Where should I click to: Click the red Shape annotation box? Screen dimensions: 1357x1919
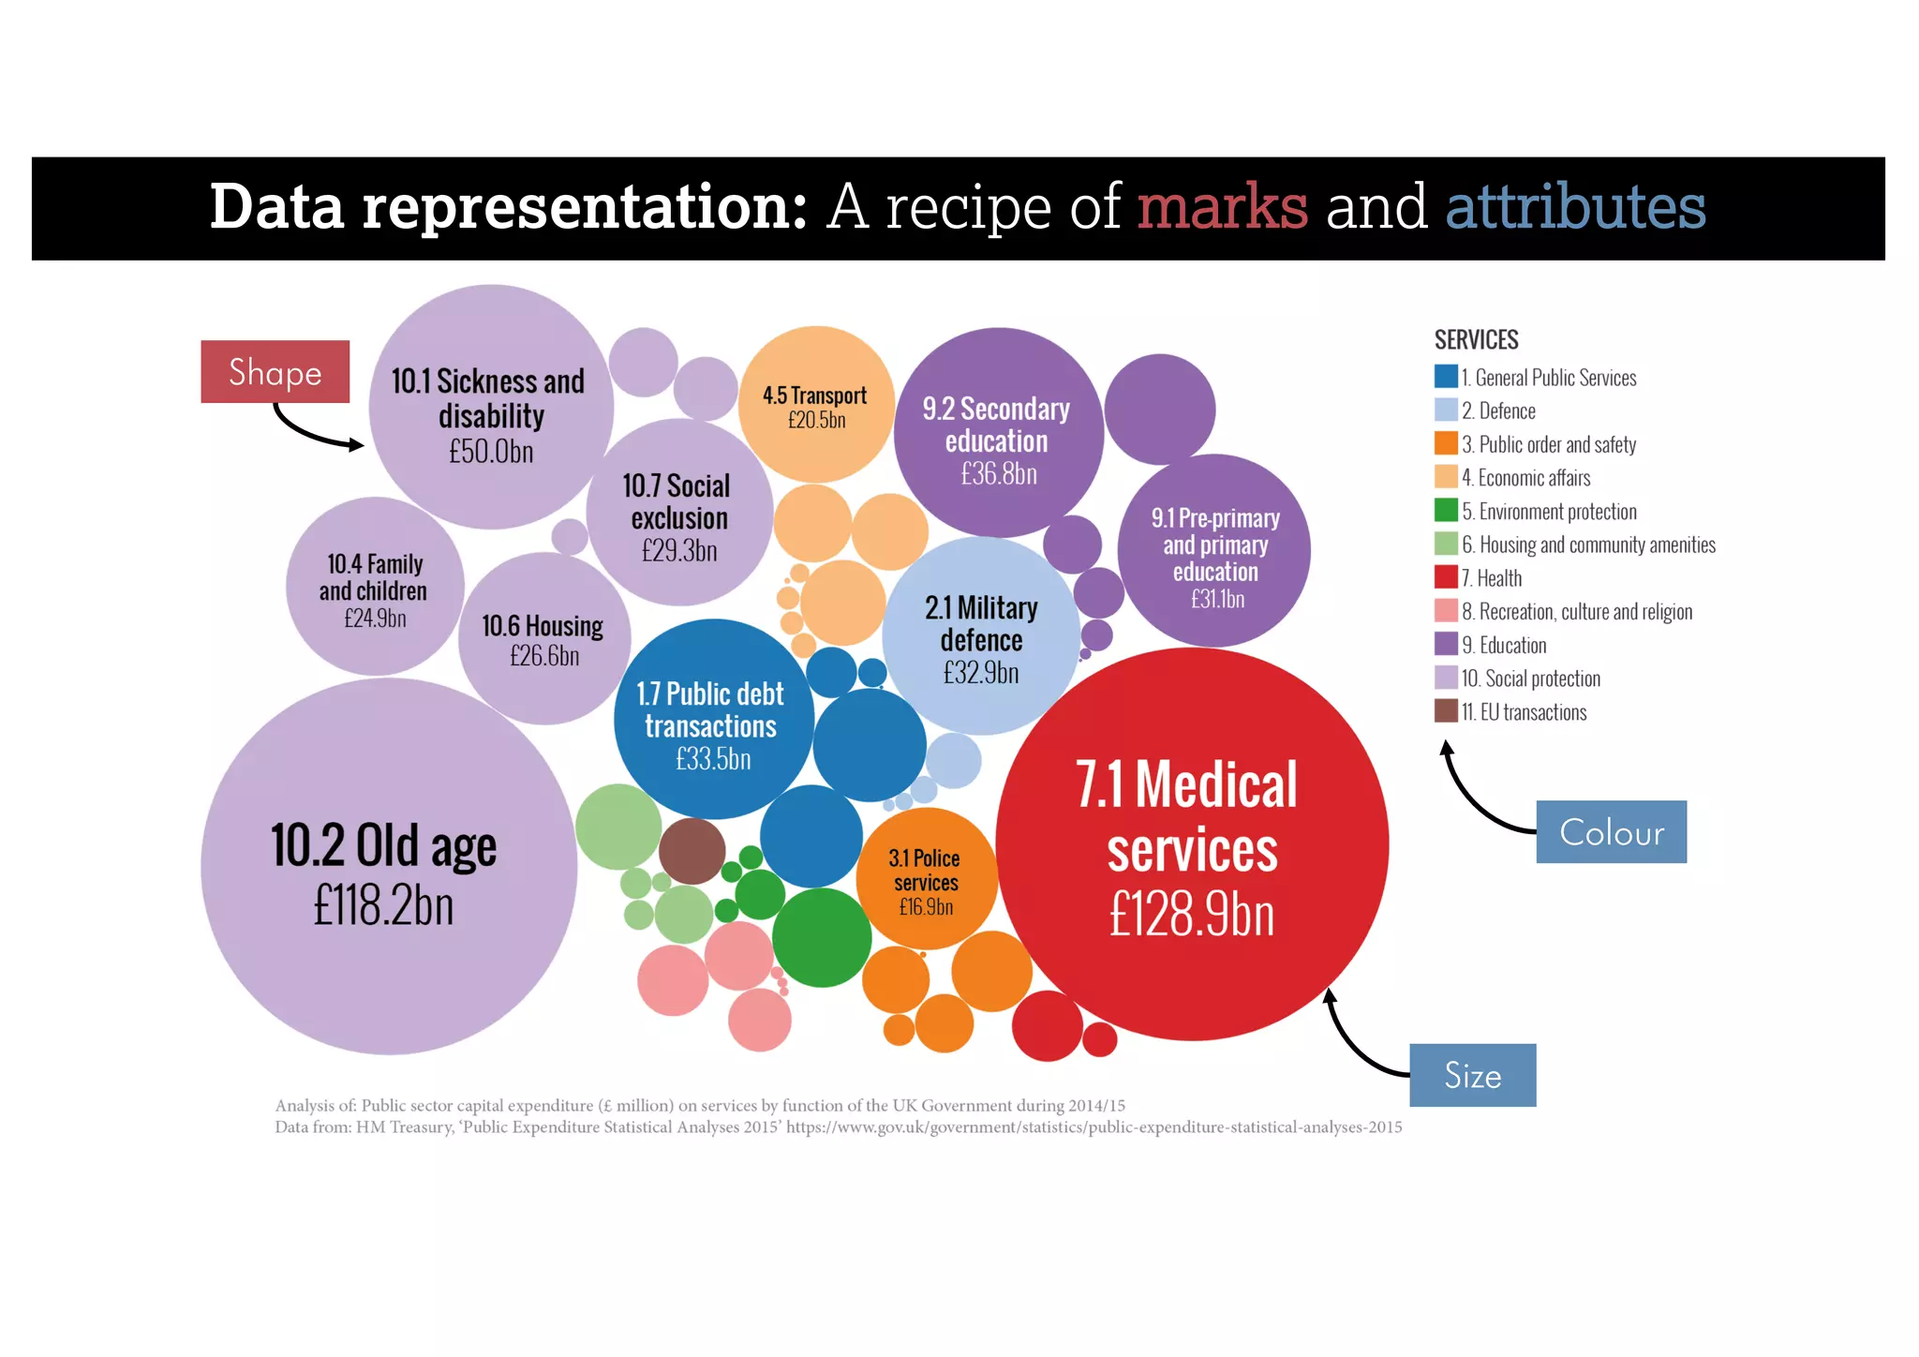[275, 372]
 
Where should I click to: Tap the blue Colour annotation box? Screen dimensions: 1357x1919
[1611, 832]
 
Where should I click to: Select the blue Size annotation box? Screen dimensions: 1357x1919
[1472, 1075]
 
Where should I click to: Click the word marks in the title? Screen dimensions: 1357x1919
[1222, 207]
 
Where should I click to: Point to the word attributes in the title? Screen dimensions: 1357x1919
[1575, 207]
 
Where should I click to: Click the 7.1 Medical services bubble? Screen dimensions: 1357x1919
[1192, 843]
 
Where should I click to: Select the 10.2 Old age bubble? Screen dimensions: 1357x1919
[387, 867]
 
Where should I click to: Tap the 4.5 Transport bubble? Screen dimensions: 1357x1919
[816, 406]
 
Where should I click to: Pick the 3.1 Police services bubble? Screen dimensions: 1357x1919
[925, 879]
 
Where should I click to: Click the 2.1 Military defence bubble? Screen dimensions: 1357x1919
[981, 637]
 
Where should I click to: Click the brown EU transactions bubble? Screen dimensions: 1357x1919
[692, 851]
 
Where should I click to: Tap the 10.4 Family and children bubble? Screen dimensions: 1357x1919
[374, 588]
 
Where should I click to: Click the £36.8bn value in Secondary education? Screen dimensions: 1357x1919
[999, 474]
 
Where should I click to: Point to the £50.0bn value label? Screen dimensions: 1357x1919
[491, 452]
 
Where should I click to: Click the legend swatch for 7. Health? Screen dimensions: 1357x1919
[1446, 577]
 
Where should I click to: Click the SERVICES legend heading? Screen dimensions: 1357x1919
[1476, 339]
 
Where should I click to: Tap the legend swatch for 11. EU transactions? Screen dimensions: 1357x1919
[1446, 711]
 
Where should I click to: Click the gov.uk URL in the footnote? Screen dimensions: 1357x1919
[1093, 1127]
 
